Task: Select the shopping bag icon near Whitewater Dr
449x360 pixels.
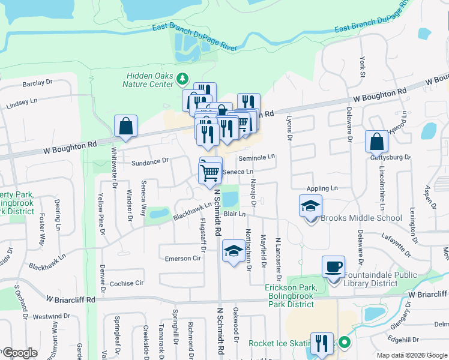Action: click(x=126, y=126)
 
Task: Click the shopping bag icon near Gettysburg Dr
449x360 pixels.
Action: click(x=376, y=142)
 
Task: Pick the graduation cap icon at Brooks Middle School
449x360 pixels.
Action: click(x=311, y=206)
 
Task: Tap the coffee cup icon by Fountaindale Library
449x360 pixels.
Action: click(x=333, y=266)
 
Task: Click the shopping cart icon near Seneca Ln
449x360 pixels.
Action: click(x=210, y=172)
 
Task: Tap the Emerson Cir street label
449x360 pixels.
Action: click(x=182, y=258)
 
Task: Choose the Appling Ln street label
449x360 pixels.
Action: click(x=322, y=188)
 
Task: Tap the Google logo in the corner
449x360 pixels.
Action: click(x=20, y=353)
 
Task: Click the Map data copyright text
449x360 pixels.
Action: click(x=411, y=355)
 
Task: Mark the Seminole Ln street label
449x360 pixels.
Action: click(x=256, y=157)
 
